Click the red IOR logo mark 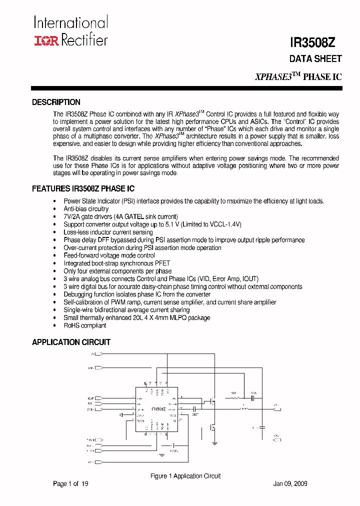(x=46, y=40)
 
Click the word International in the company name (x=70, y=22)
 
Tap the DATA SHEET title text (x=315, y=59)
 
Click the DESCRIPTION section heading (x=56, y=102)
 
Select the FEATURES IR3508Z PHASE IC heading (x=83, y=189)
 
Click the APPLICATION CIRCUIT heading (x=71, y=342)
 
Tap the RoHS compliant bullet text (x=85, y=325)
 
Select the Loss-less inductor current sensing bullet (x=108, y=232)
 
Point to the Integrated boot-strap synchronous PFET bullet (x=116, y=263)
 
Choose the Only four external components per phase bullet (x=117, y=271)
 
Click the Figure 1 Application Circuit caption (x=185, y=476)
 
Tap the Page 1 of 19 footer (x=70, y=484)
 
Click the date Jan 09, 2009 (x=290, y=484)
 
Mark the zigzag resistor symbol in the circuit (x=234, y=398)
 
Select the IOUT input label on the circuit (x=91, y=398)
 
